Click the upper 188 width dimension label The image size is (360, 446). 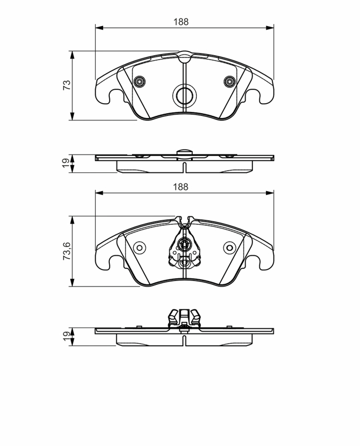[x=181, y=22]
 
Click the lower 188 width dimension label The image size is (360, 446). [x=181, y=187]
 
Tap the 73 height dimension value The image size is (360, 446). [x=66, y=85]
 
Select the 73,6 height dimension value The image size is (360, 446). [x=66, y=251]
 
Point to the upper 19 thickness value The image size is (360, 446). [x=66, y=163]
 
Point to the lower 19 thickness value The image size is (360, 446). [x=66, y=336]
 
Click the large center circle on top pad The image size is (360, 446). [x=184, y=95]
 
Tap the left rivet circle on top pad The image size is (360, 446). [x=140, y=81]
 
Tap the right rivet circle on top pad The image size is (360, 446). [x=230, y=81]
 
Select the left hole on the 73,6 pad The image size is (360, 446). [x=139, y=248]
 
